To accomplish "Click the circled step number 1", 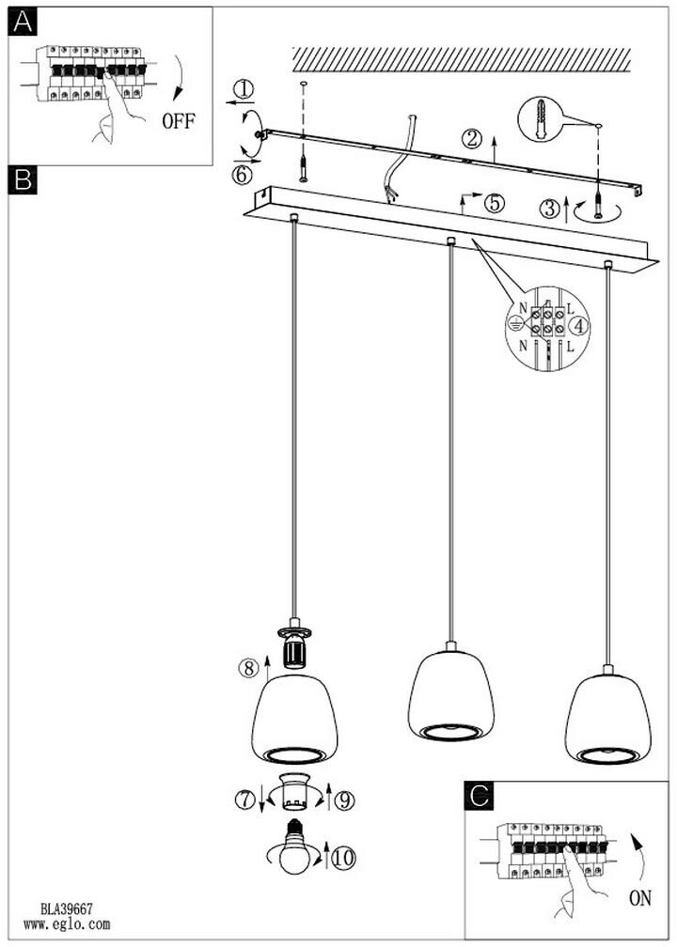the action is pyautogui.click(x=244, y=90).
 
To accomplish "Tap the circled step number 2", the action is pyautogui.click(x=473, y=140).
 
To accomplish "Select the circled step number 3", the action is pyautogui.click(x=551, y=210).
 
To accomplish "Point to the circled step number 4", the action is pyautogui.click(x=580, y=326).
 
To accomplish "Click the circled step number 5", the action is pyautogui.click(x=495, y=202).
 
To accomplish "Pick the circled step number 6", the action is pyautogui.click(x=243, y=174).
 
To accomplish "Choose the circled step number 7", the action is pyautogui.click(x=246, y=800).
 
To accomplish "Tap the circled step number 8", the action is pyautogui.click(x=247, y=669).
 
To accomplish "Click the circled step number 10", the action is pyautogui.click(x=343, y=857).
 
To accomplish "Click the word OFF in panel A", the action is pyautogui.click(x=179, y=121).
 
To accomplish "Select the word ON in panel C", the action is pyautogui.click(x=640, y=898).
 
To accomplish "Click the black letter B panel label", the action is pyautogui.click(x=23, y=179).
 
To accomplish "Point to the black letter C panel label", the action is pyautogui.click(x=479, y=798).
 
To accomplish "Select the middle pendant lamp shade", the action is pyautogui.click(x=450, y=695).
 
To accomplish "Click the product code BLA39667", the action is pyautogui.click(x=66, y=909).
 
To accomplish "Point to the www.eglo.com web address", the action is pyautogui.click(x=67, y=924).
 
